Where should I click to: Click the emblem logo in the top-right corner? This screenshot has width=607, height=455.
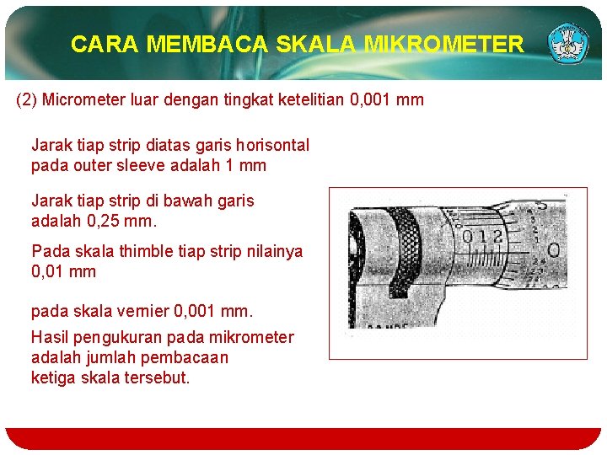point(569,44)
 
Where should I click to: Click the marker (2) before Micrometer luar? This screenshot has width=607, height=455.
point(27,100)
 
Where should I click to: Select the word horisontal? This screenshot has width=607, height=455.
point(272,145)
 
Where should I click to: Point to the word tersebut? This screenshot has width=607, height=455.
point(157,377)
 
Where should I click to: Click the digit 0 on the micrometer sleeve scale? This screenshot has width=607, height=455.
point(467,237)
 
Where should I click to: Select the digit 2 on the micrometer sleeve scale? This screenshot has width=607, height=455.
point(498,237)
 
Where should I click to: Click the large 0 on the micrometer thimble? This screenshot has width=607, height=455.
point(553,250)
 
